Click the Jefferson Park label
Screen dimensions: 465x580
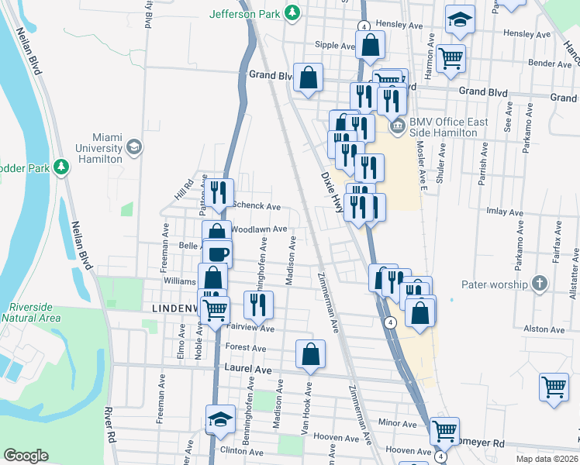(x=245, y=14)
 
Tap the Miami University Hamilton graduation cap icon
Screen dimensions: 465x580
(x=134, y=146)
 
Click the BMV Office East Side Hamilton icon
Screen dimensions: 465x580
(x=398, y=126)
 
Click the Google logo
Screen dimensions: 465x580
(x=26, y=456)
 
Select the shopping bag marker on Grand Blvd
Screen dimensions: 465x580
(x=309, y=77)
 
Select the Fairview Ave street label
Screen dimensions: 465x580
(x=250, y=329)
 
